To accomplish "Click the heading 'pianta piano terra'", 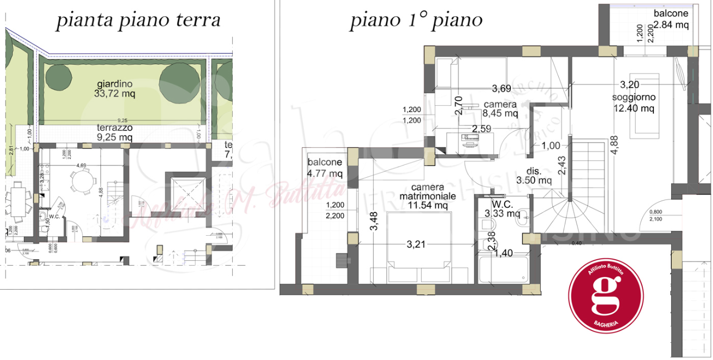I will click(139, 20).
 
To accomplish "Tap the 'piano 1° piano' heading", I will click(416, 21).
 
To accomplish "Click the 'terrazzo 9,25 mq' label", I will click(114, 132).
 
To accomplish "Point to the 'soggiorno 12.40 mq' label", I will click(633, 103).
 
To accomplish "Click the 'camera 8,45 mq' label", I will click(500, 109).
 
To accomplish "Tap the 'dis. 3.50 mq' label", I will click(533, 175).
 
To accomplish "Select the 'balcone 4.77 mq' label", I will click(325, 167).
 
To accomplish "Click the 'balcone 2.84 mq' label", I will click(671, 19).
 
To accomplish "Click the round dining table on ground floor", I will click(81, 182).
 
